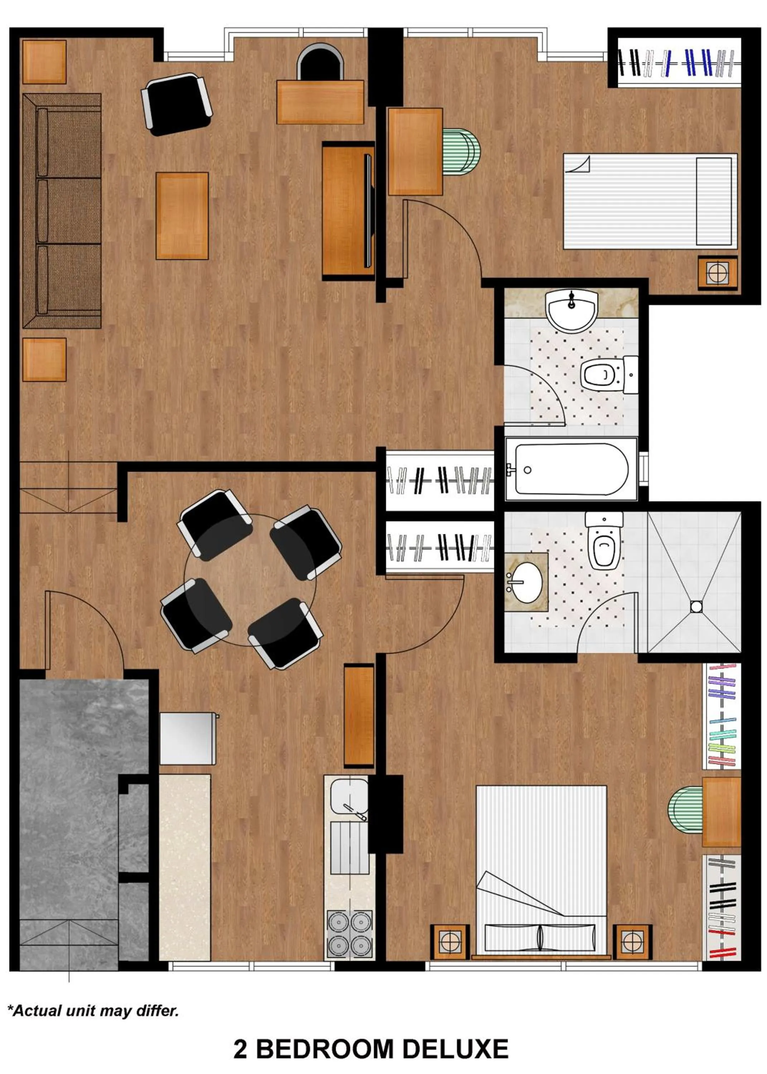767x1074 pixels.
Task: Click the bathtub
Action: pyautogui.click(x=571, y=469)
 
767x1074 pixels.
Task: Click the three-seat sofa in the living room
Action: pyautogui.click(x=62, y=211)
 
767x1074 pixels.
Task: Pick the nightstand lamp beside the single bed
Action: pyautogui.click(x=718, y=272)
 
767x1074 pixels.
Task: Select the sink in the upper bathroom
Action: pyautogui.click(x=571, y=311)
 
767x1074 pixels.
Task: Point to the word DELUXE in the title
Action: pyautogui.click(x=455, y=1049)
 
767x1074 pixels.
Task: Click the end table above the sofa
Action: pyautogui.click(x=44, y=62)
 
